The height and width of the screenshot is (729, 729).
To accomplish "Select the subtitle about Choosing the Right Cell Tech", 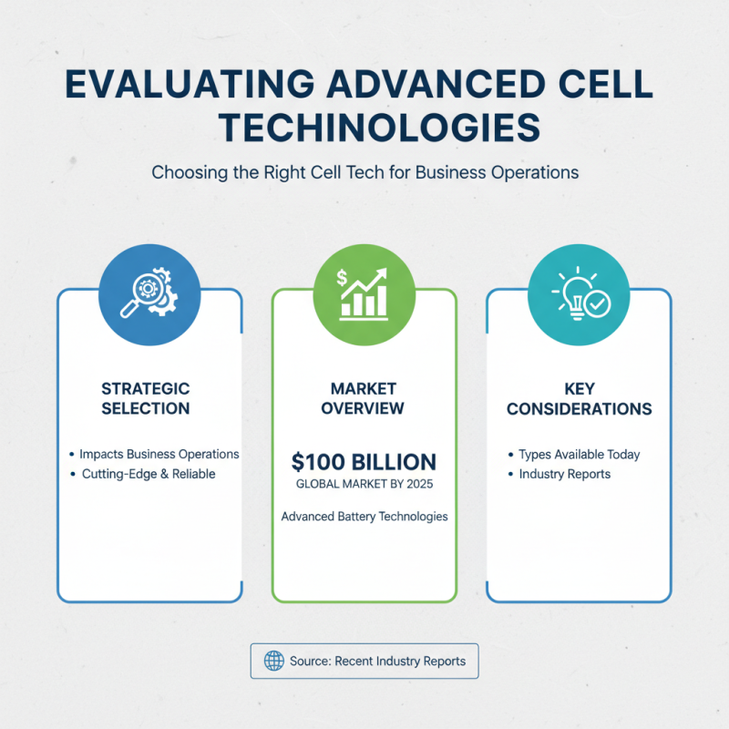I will [364, 171].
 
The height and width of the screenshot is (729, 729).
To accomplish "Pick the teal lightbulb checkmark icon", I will [579, 293].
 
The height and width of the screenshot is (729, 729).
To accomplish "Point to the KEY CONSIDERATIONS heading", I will [579, 399].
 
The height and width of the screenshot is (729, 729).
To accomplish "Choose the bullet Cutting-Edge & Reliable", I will [148, 475].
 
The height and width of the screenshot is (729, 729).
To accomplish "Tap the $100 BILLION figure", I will [364, 461].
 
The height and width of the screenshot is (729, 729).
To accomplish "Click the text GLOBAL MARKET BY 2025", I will [364, 485].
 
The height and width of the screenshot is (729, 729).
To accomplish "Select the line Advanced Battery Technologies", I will [364, 517].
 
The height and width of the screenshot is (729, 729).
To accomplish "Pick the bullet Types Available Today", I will [579, 454].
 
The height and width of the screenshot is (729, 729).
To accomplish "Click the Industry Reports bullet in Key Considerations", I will [565, 475].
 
